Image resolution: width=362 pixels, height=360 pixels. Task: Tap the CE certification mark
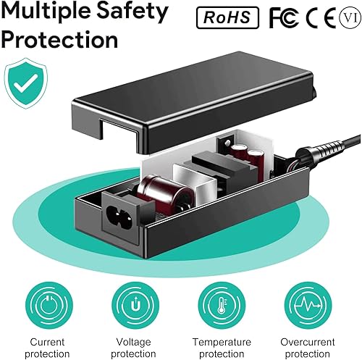pos(316,17)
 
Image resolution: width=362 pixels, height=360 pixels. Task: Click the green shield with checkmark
pos(26,84)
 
